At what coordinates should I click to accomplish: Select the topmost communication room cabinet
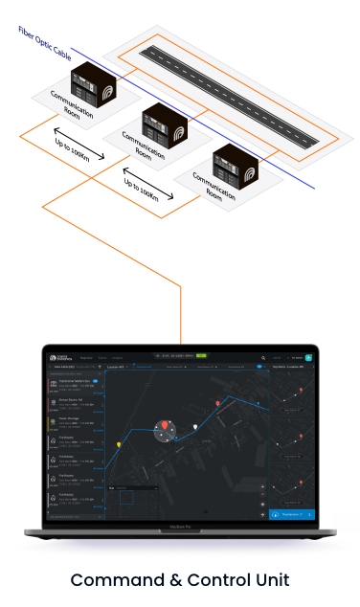pos(89,80)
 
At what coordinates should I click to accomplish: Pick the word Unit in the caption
pos(269,580)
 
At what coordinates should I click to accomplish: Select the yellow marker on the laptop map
pos(118,444)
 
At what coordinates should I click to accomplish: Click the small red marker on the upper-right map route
pos(219,404)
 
